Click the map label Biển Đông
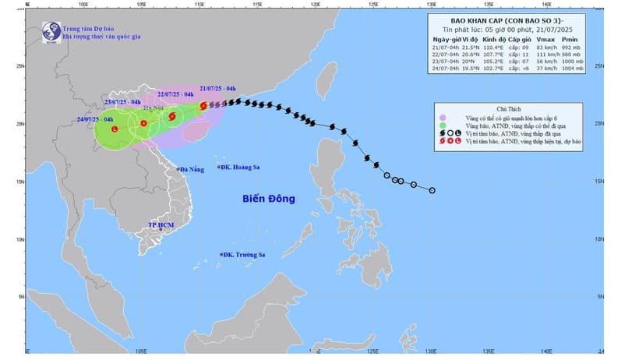coord(268,199)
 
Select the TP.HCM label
coord(161,225)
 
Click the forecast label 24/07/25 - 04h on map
coord(96,119)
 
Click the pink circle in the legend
coord(443,116)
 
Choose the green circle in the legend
coord(443,125)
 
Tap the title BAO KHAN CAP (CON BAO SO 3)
coord(511,20)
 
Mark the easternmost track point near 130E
coord(432,190)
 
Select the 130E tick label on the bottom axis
coord(430,351)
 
